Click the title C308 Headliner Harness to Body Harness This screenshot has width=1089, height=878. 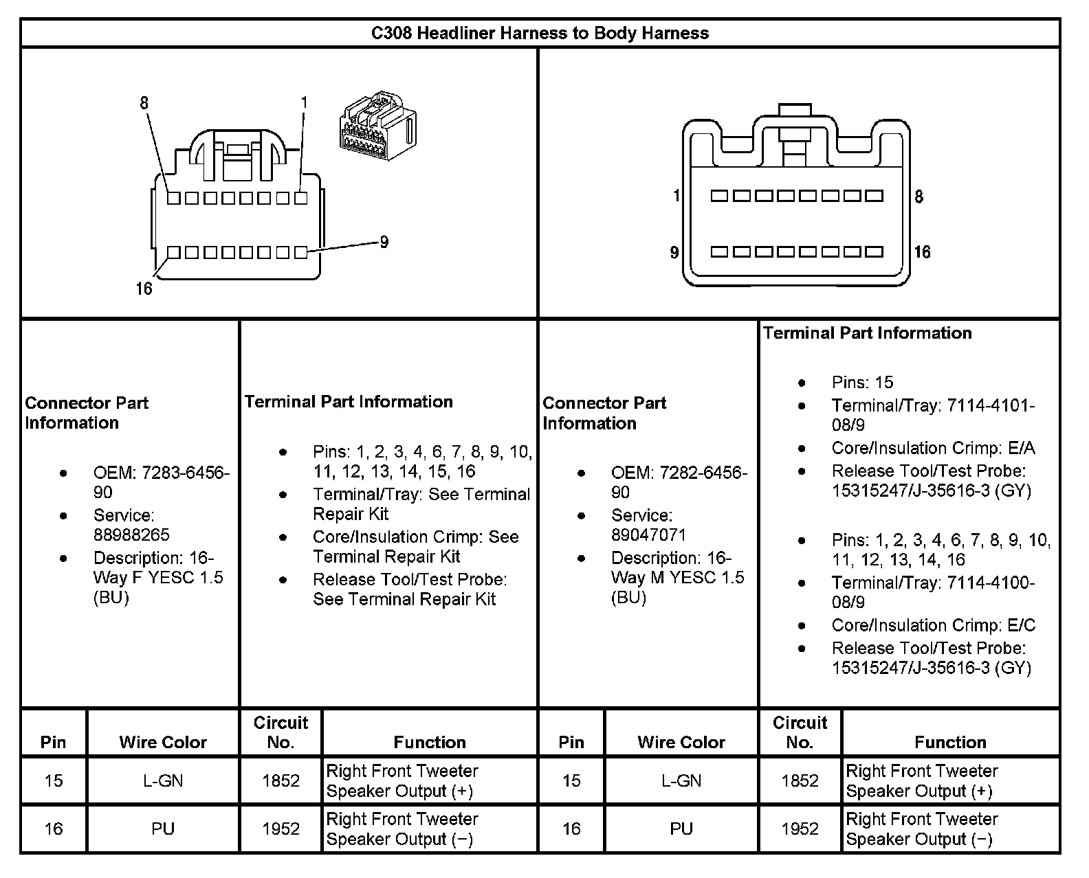pos(540,33)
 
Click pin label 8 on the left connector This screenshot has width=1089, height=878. pos(144,103)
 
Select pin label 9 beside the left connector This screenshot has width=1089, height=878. pos(384,242)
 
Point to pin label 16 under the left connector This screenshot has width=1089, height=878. pos(144,289)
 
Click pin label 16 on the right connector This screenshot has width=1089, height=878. pos(922,252)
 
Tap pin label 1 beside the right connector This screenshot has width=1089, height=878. pos(676,196)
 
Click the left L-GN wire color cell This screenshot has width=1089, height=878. pos(163,780)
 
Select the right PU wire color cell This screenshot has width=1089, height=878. pos(681,829)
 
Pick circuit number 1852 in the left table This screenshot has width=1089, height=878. pos(280,780)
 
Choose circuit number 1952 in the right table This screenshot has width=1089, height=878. pos(800,829)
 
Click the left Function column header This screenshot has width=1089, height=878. pos(430,742)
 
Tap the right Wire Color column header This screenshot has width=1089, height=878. pos(681,742)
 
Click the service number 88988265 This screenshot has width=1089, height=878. pos(131,534)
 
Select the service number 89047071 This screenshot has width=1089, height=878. pos(648,534)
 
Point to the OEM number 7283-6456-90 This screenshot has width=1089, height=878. pos(161,482)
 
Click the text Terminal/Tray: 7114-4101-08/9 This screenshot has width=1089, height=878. pos(932,415)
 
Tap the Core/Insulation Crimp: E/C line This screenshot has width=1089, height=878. pos(933,625)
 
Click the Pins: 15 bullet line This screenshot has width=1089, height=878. pos(862,382)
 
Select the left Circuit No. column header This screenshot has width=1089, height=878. pos(280,732)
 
